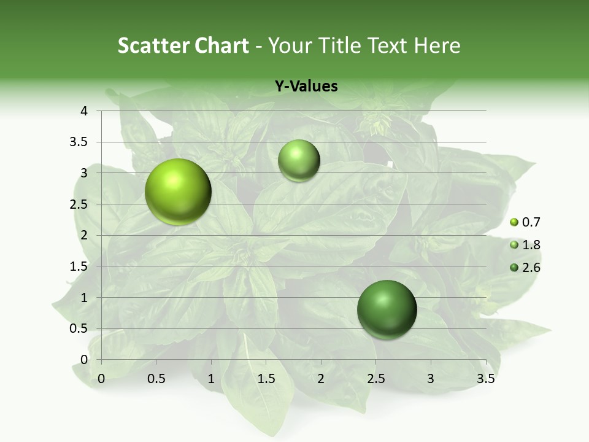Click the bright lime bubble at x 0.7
[x=178, y=192]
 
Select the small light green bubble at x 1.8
[x=299, y=161]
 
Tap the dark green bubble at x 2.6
[x=387, y=309]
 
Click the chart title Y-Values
[x=306, y=87]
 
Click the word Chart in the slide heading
[x=221, y=45]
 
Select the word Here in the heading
[x=437, y=45]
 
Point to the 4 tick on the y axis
[x=84, y=111]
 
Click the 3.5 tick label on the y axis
[x=79, y=142]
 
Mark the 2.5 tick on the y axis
[x=79, y=204]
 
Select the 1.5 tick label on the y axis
[x=79, y=266]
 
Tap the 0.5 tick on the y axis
[x=79, y=328]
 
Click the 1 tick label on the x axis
[x=211, y=379]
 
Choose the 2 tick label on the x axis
[x=321, y=379]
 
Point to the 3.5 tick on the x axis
[x=485, y=379]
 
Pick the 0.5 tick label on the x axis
[x=156, y=379]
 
